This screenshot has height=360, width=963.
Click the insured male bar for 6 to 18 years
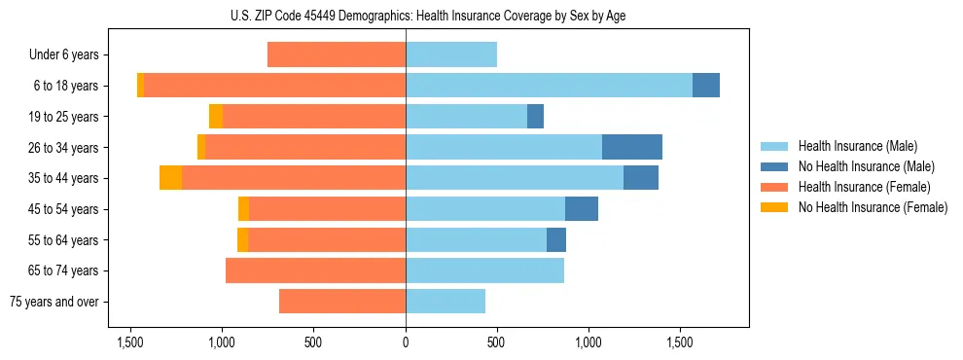click(549, 86)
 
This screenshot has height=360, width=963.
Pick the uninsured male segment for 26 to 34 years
click(632, 147)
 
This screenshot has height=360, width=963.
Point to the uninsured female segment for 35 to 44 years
click(171, 178)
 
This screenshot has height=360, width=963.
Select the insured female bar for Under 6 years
click(337, 55)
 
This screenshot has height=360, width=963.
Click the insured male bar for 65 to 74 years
click(484, 270)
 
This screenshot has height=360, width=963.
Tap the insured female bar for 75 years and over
click(342, 302)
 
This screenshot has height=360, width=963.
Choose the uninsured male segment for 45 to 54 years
click(582, 209)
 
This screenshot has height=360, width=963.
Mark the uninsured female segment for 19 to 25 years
click(216, 117)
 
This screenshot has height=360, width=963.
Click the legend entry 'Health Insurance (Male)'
click(856, 146)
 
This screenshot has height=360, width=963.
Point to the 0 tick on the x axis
click(406, 342)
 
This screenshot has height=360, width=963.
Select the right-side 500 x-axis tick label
click(497, 342)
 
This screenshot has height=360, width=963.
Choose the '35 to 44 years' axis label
click(65, 178)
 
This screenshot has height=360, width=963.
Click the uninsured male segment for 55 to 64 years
click(556, 240)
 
